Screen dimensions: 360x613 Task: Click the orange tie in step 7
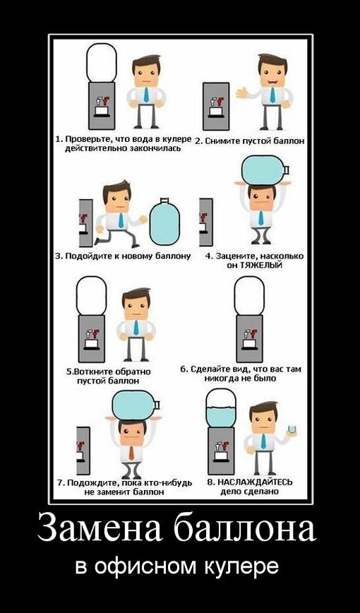tap(131, 451)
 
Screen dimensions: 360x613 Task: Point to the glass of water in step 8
tap(292, 429)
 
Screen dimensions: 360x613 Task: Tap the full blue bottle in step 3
tap(164, 222)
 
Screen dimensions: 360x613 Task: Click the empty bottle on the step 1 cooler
tap(102, 63)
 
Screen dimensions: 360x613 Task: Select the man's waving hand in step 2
tap(242, 93)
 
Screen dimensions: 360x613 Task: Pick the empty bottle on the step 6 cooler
tap(249, 295)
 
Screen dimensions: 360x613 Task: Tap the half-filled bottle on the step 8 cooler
tap(221, 407)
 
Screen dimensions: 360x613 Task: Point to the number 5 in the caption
tap(68, 371)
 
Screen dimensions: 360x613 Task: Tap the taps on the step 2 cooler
tap(216, 101)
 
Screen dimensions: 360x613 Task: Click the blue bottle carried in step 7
tap(136, 405)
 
